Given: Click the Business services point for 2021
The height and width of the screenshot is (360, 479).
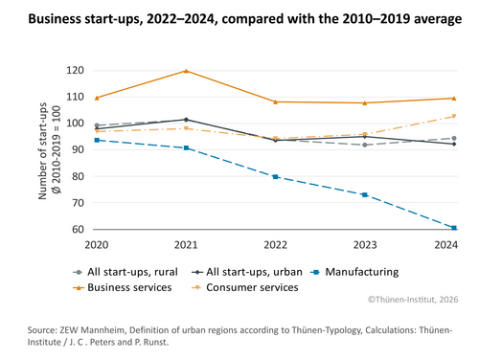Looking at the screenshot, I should coord(186,71).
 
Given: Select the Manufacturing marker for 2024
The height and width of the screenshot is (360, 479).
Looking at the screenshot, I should coord(453,228).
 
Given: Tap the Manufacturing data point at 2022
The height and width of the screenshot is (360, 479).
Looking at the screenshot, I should coord(275,177).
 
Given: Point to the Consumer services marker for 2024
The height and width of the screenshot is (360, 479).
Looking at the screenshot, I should coord(453,116).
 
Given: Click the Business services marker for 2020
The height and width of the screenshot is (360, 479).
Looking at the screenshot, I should coord(97,98).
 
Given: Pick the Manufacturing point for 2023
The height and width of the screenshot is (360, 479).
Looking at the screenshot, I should coord(364,194).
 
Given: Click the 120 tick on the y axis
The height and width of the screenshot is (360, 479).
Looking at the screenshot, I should coord(74,71).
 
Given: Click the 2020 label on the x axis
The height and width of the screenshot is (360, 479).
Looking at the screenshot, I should coord(97,244).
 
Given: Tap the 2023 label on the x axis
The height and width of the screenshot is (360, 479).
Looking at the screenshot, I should coord(364,244).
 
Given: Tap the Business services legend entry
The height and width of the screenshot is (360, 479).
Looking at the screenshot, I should coord(129,286).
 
